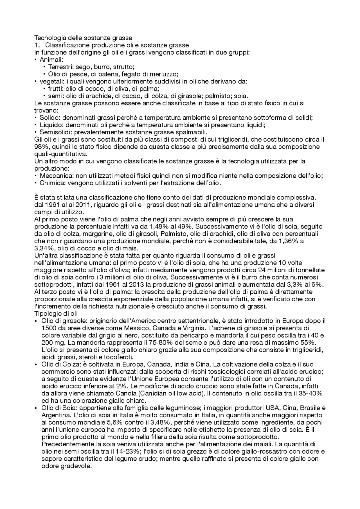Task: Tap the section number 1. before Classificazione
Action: tap(37, 45)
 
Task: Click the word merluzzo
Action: tap(165, 74)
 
